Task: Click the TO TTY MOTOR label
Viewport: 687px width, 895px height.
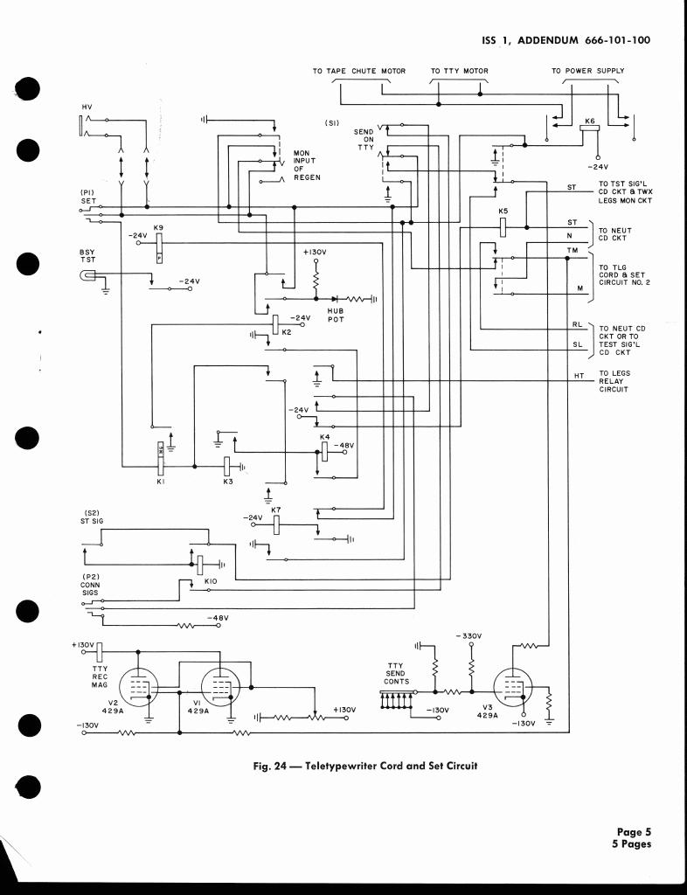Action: [460, 71]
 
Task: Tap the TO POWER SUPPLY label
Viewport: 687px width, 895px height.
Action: [587, 71]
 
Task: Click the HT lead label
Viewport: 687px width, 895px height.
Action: [578, 376]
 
